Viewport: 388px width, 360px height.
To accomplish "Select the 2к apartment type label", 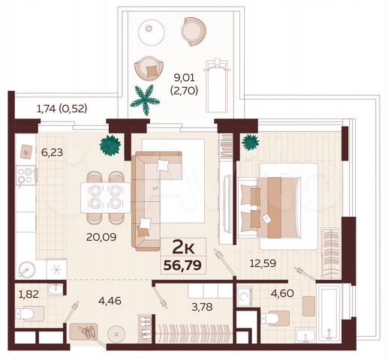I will (186, 245).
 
